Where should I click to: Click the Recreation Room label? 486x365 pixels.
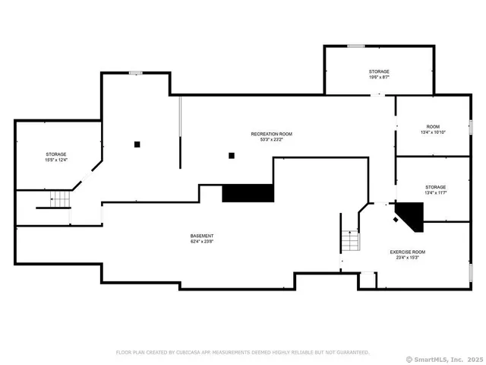point(271,134)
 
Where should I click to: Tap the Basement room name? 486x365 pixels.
point(202,236)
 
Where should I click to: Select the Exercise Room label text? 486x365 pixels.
point(408,252)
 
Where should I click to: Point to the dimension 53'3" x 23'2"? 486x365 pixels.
point(271,140)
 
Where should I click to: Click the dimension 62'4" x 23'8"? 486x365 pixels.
point(202,242)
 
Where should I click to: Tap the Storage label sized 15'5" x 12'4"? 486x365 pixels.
point(55,154)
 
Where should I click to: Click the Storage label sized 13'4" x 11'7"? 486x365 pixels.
point(435,187)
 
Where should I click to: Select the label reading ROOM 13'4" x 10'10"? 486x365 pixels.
point(433,126)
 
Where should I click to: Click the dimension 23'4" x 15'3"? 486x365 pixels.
point(408,258)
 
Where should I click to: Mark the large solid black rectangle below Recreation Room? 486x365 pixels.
point(248,193)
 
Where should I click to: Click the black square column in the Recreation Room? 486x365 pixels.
point(232,156)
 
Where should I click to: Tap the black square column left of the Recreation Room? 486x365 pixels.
point(137,144)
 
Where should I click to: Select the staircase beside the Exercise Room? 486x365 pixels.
point(349,243)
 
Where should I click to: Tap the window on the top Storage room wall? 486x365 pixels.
point(355,46)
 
